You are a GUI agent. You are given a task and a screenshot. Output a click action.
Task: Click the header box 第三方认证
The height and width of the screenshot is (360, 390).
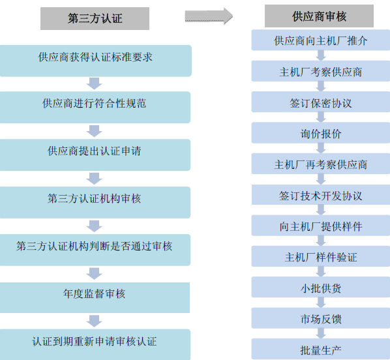(95, 19)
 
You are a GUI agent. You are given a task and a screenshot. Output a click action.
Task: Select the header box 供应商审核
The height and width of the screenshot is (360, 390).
(319, 16)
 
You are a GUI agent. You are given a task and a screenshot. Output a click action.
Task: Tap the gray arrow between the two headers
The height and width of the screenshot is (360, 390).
(209, 16)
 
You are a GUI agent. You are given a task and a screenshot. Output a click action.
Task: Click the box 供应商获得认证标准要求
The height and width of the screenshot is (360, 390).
(95, 61)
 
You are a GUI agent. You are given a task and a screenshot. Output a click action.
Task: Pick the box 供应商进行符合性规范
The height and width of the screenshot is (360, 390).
(95, 107)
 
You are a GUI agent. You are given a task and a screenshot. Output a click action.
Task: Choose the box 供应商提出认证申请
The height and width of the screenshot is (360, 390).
(95, 155)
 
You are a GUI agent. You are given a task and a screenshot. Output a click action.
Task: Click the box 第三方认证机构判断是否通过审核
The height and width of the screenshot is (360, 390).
(95, 250)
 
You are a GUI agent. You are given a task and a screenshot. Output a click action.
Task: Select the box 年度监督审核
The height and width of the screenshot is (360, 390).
(95, 297)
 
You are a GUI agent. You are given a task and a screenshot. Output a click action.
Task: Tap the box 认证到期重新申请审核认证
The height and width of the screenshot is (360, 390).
(95, 344)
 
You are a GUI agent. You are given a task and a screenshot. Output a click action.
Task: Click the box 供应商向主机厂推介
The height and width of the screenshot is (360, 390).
(321, 40)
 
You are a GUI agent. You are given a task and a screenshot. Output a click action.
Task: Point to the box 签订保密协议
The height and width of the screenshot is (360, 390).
(321, 102)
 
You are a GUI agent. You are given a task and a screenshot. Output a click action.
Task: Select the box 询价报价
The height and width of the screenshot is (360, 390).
(321, 132)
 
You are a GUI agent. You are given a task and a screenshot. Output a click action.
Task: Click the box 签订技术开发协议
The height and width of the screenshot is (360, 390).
(321, 194)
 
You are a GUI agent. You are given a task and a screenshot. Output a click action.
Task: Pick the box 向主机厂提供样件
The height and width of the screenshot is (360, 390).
(321, 226)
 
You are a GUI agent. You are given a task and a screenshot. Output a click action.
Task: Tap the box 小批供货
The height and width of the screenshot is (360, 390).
(321, 287)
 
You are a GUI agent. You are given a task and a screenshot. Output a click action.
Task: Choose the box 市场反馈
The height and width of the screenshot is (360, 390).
(321, 318)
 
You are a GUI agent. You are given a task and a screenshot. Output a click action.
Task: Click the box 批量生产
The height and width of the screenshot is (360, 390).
(321, 349)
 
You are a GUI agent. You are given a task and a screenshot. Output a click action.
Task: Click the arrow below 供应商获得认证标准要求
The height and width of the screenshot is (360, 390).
(95, 83)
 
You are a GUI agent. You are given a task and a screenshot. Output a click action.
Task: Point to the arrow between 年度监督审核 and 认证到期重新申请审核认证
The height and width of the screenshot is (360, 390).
(95, 321)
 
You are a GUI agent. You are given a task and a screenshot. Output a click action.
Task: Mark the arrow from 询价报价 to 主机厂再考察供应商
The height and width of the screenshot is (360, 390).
(321, 148)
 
